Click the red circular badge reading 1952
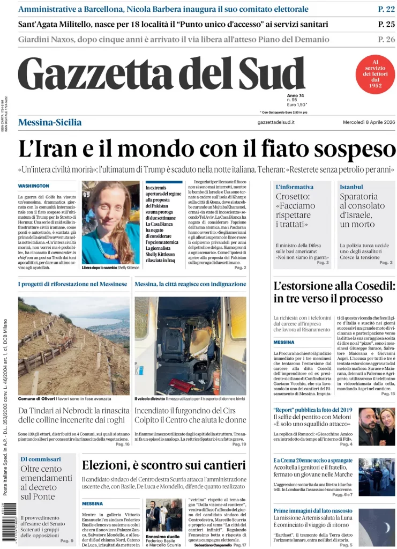click(376, 74)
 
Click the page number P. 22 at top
click(386, 9)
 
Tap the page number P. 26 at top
click(386, 39)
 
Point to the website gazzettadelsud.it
click(276, 122)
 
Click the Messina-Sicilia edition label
click(50, 122)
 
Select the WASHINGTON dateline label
click(34, 186)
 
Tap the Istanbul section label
click(351, 187)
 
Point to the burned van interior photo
click(190, 346)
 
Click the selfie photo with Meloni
click(376, 426)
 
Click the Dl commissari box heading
click(40, 459)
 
